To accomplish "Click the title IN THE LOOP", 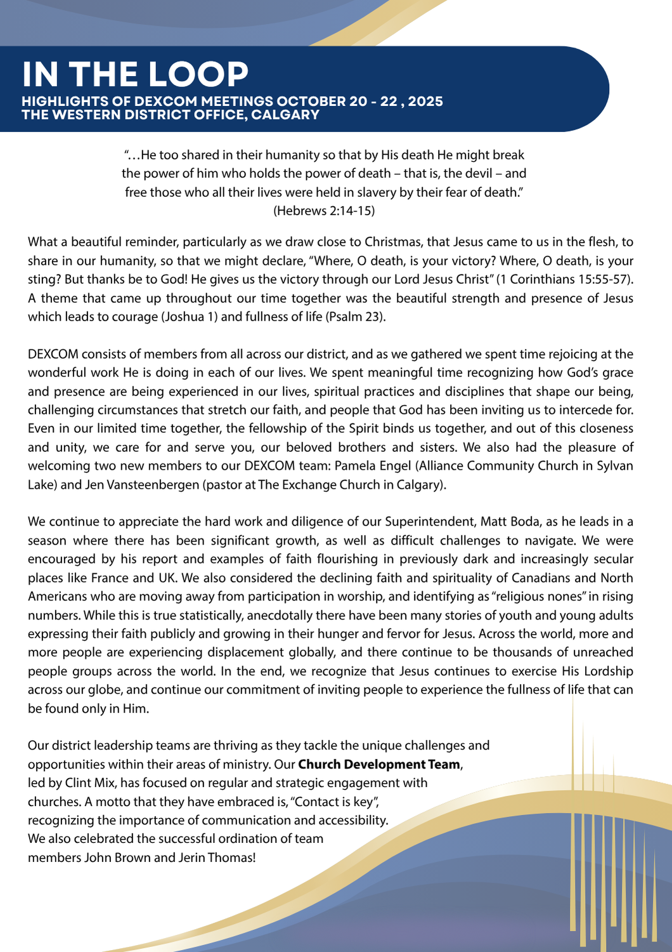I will point(135,74).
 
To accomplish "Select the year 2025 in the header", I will point(425,102).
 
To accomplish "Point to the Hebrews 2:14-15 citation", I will point(324,211).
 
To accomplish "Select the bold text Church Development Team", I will point(379,764).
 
